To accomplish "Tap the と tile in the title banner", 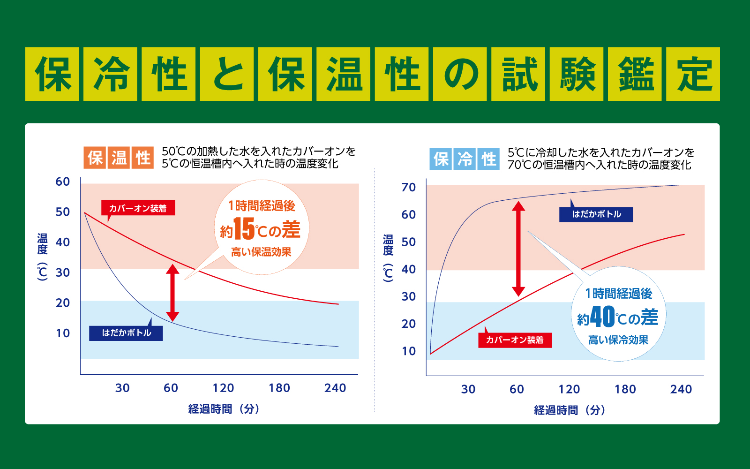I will pos(227,74).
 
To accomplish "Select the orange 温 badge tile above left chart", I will pos(119,158).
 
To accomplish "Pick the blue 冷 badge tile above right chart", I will pos(465,159).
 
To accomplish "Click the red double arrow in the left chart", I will pos(172,292).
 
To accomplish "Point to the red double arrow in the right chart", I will pos(518,249).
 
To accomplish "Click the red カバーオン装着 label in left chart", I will pos(138,208).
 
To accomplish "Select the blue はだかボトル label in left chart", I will pos(126,333).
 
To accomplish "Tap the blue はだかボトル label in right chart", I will pos(596,214).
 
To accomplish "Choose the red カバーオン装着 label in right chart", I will pos(515,340).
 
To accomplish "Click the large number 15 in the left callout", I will pos(244,229).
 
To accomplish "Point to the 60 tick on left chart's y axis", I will pos(63,182).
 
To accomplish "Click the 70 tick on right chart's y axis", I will pos(408,188).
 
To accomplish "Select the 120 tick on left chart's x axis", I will pos(223,388).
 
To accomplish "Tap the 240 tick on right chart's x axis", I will pos(681,389).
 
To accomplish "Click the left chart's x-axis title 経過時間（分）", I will pos(224,409).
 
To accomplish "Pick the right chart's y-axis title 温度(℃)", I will pos(388,258).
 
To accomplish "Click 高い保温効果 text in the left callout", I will pos(261,252).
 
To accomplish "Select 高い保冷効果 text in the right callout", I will pos(618,340).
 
